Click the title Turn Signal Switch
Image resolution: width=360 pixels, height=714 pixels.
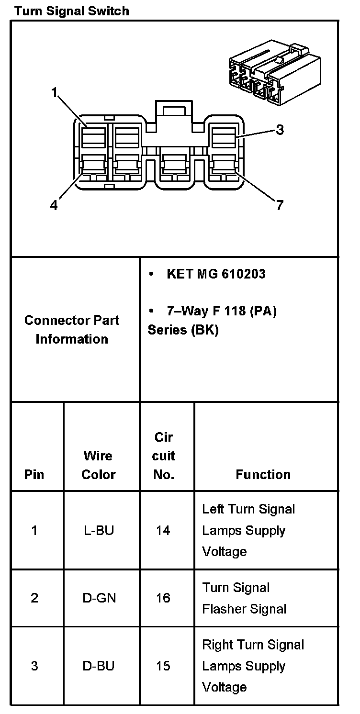(72, 11)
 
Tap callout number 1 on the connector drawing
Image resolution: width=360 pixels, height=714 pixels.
(56, 93)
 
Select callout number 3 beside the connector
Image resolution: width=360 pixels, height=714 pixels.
(280, 130)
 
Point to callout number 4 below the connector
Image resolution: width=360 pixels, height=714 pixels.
(54, 205)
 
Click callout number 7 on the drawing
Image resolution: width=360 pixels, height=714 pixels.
(280, 205)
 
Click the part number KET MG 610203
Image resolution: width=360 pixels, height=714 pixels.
(215, 274)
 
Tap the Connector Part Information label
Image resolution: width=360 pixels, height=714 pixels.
(72, 329)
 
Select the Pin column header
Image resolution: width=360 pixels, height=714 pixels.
(34, 474)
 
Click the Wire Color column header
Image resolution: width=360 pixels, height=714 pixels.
(99, 465)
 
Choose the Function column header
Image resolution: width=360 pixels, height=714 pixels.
(263, 474)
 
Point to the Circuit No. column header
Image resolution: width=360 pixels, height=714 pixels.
(163, 456)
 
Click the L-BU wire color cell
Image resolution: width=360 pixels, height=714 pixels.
(99, 530)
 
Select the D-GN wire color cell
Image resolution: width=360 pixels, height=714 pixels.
(99, 598)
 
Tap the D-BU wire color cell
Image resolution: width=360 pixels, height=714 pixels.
(99, 666)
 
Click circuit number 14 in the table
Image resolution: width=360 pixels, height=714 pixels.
(163, 530)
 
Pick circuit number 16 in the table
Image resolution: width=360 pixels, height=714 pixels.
(163, 598)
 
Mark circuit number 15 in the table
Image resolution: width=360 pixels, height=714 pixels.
(163, 666)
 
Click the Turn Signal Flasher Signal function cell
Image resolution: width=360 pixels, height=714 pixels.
(244, 598)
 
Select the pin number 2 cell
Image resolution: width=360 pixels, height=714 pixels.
(34, 598)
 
